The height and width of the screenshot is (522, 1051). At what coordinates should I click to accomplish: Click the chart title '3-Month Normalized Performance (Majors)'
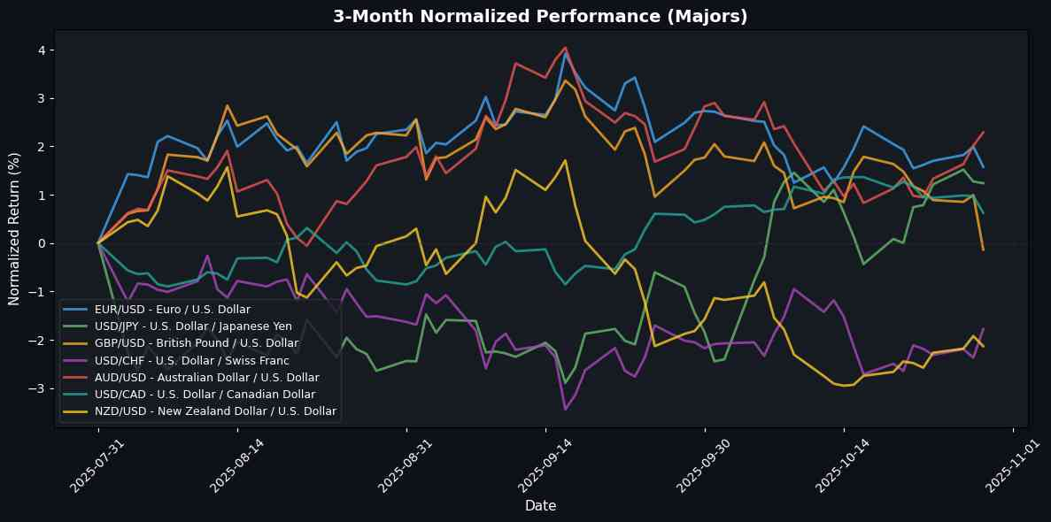tap(540, 16)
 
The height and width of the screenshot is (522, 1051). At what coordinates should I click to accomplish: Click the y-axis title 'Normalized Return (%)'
tap(15, 228)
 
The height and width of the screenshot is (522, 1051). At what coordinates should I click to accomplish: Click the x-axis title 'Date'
tap(540, 506)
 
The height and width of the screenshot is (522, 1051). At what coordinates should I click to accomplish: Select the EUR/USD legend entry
tap(172, 310)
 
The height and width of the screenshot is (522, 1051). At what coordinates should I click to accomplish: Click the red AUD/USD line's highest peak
tap(565, 48)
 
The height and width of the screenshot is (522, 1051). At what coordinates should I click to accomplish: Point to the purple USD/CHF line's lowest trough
tap(565, 409)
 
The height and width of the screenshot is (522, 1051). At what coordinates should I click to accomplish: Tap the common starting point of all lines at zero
tap(98, 242)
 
